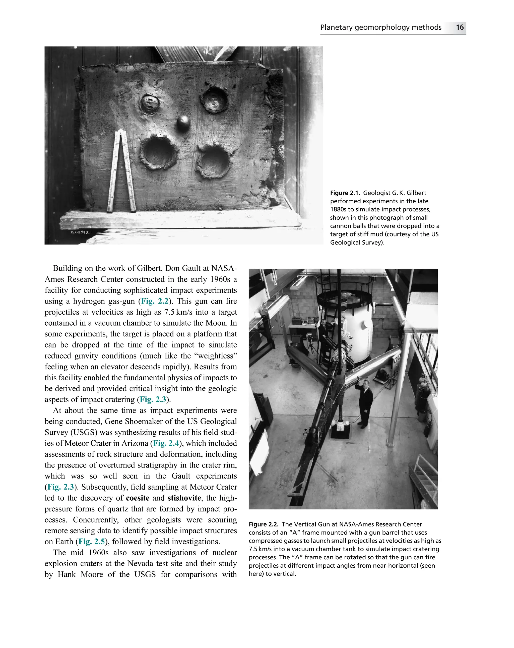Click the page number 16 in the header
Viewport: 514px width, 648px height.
point(459,27)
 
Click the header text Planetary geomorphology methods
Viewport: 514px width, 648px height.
point(381,27)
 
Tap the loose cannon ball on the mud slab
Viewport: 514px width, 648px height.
point(183,123)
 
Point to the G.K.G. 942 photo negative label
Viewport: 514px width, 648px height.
point(80,232)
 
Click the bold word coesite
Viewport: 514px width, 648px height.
point(138,498)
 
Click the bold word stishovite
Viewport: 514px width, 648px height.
point(184,498)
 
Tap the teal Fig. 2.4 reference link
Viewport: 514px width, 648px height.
point(166,443)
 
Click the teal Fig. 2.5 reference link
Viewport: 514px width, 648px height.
point(91,542)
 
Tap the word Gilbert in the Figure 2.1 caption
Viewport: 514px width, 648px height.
point(416,193)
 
